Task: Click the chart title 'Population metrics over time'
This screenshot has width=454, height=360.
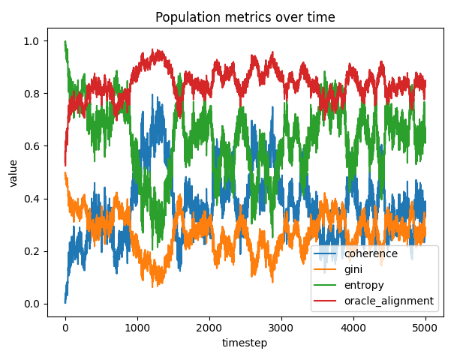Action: pos(245,18)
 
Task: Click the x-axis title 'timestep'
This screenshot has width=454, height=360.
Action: pos(245,343)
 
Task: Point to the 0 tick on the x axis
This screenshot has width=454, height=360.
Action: pos(65,328)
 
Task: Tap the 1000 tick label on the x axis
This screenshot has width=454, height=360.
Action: pos(137,328)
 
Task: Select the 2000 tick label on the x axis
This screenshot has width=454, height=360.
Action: pos(209,328)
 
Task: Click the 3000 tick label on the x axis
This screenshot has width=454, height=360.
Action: pos(281,328)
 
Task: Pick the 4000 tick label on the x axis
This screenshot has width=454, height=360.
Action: pos(353,328)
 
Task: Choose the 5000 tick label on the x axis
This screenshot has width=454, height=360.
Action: pos(425,328)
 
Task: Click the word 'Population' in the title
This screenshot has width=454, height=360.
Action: pos(185,18)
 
